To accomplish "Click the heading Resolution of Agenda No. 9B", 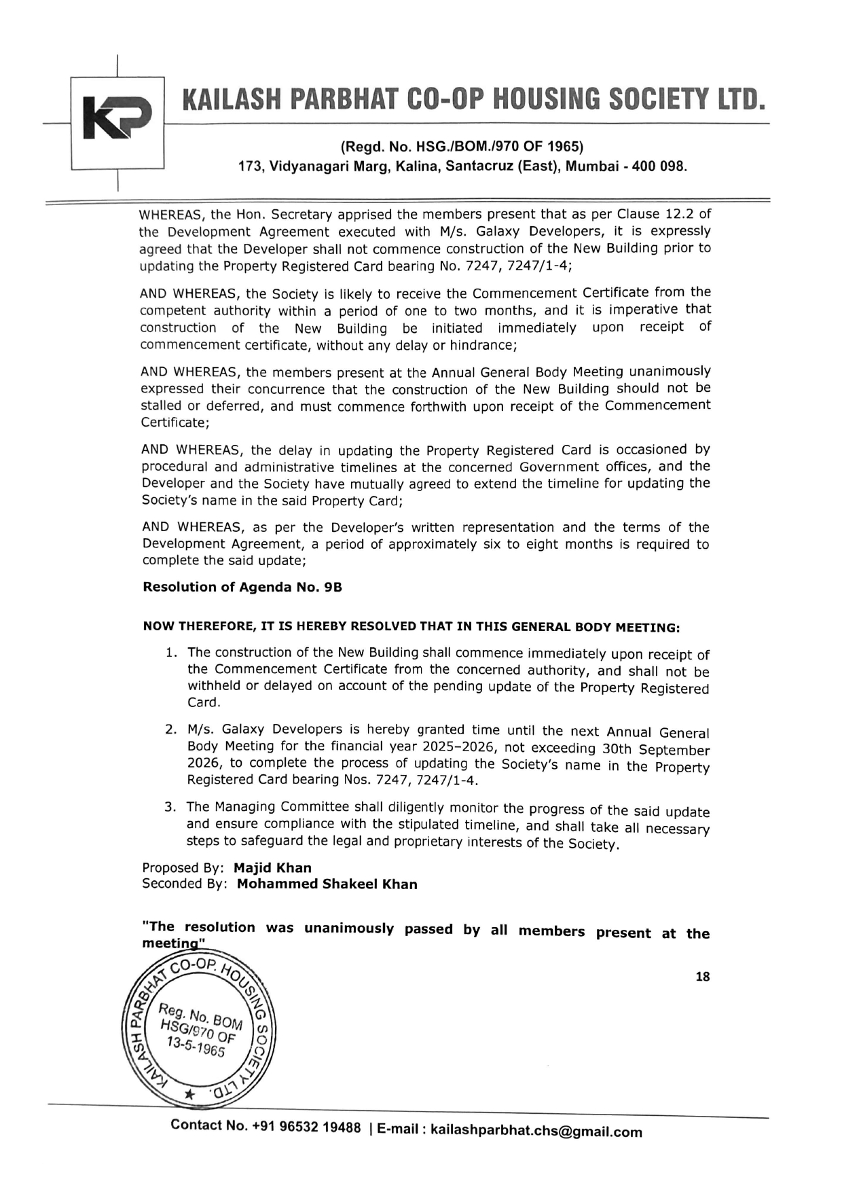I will [x=242, y=588].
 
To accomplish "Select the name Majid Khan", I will [x=272, y=868].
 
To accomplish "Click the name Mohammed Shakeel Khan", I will [x=327, y=884].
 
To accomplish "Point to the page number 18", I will [x=702, y=977].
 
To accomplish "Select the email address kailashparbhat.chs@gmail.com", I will [x=536, y=1132].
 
